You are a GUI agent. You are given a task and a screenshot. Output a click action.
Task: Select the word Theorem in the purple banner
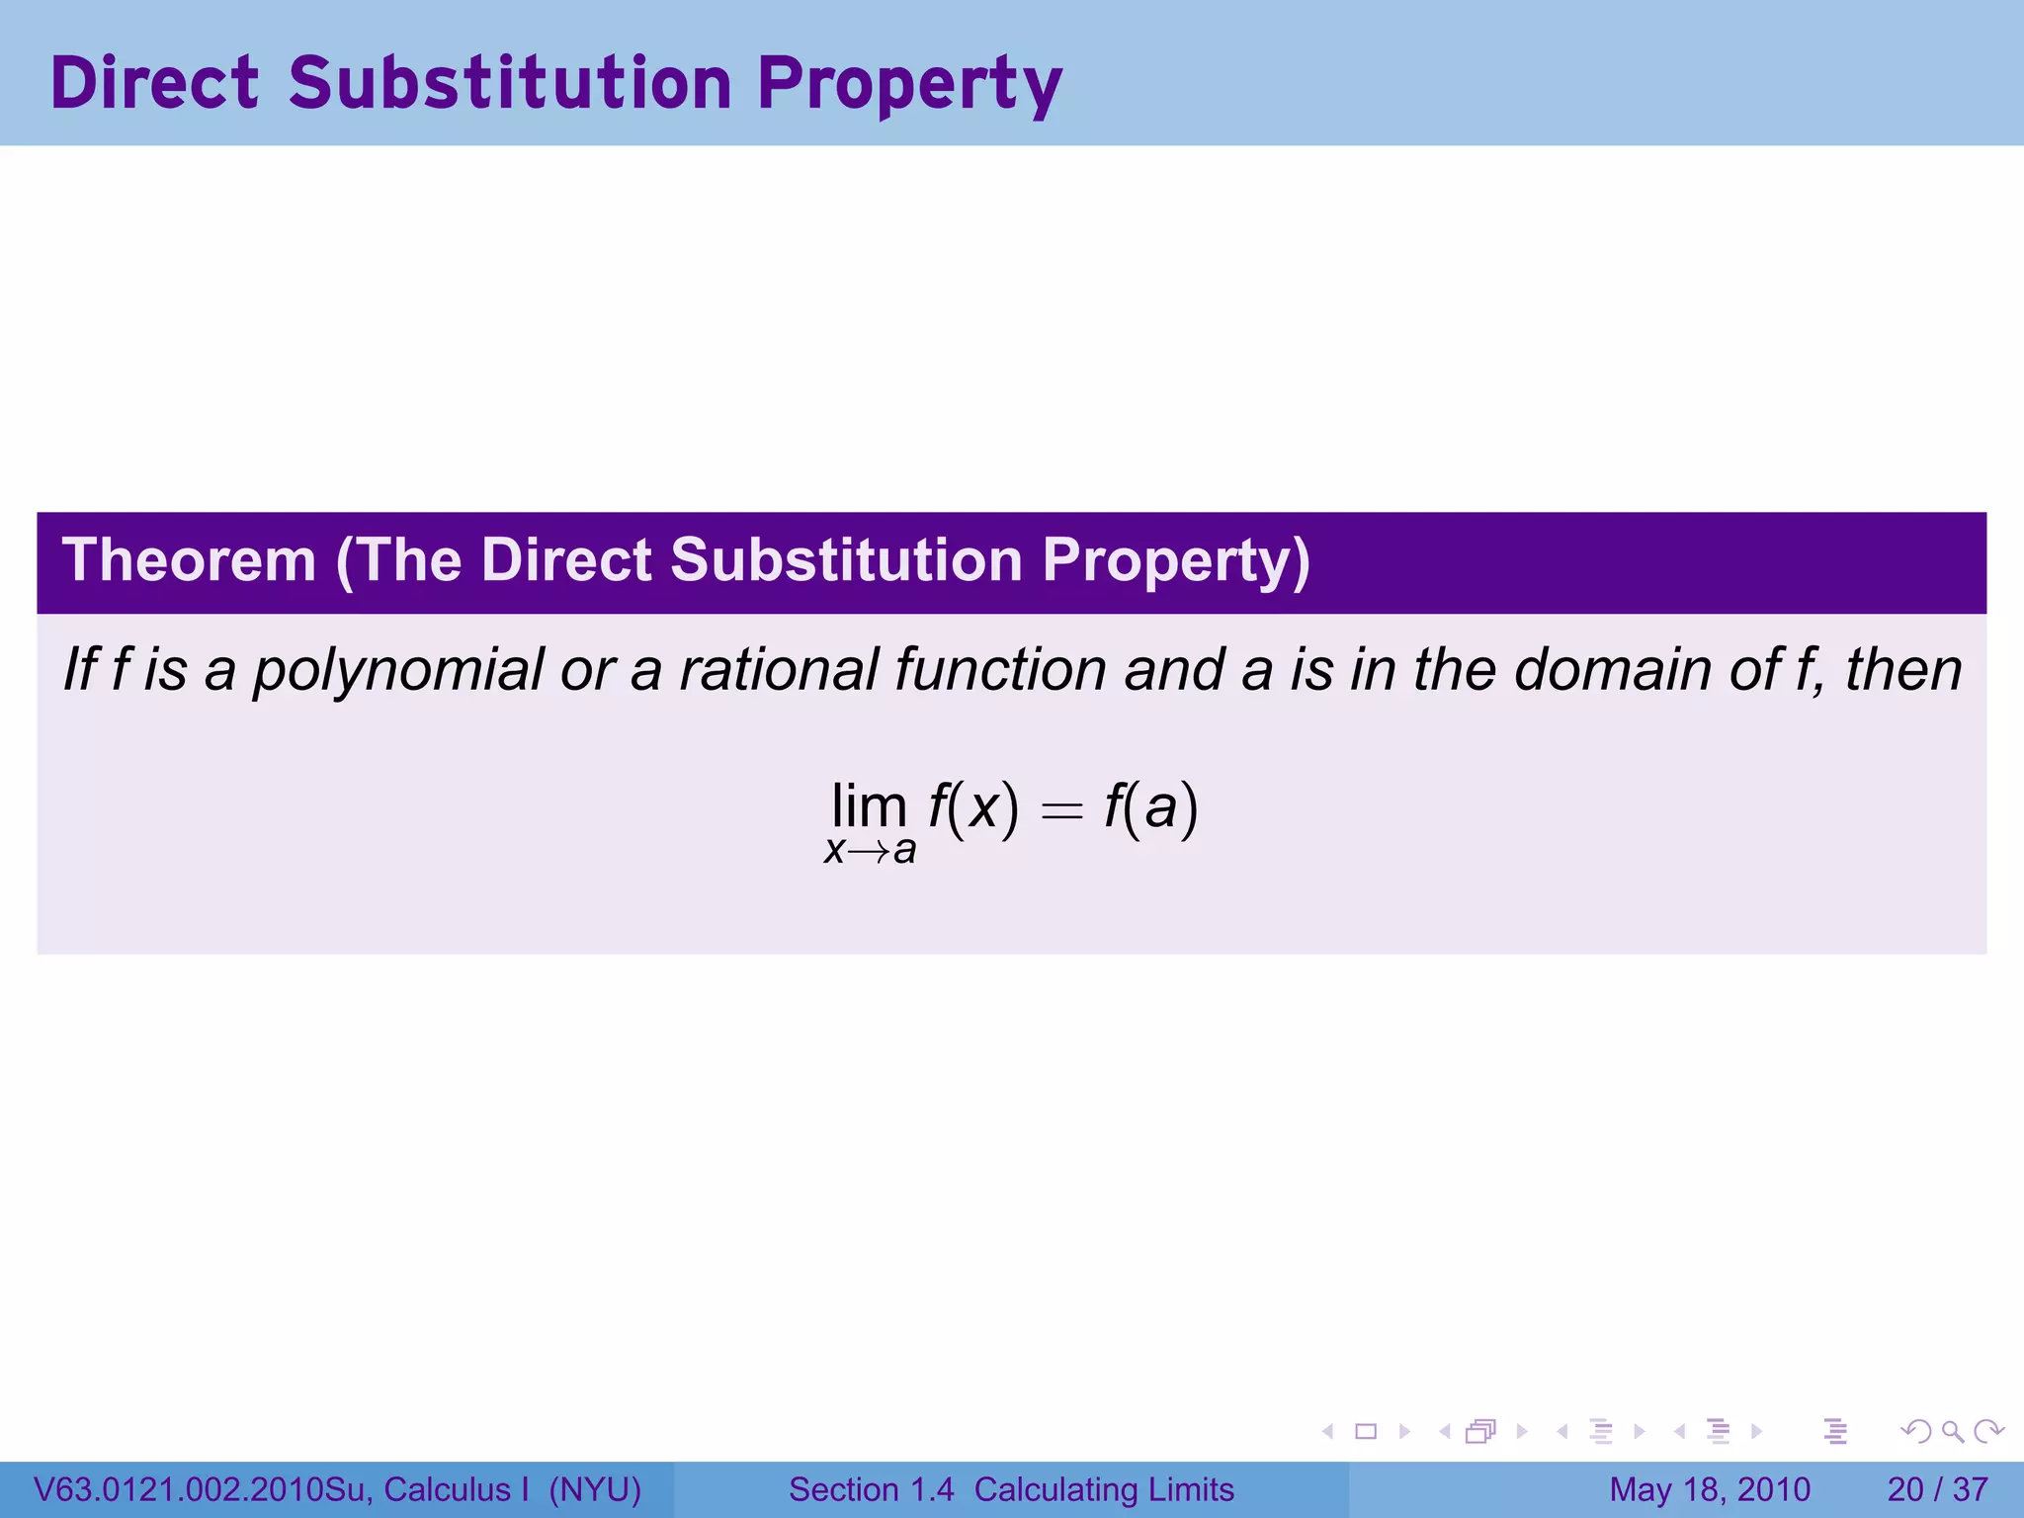pos(189,560)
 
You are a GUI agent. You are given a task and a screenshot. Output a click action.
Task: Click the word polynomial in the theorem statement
pos(397,671)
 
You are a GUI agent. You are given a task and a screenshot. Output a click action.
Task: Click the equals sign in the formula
pos(1061,811)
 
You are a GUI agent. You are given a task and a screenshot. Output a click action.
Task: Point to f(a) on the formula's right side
pos(1150,807)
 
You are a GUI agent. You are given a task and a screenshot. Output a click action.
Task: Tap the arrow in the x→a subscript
pos(869,852)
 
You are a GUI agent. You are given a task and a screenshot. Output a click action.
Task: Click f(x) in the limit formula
pos(972,807)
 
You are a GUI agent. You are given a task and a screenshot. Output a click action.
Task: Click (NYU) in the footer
pos(595,1489)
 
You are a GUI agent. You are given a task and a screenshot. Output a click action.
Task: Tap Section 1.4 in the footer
pos(871,1489)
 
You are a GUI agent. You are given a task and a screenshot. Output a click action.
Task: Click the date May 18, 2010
pos(1709,1489)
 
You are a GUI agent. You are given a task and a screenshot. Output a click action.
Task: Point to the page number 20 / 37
pos(1937,1489)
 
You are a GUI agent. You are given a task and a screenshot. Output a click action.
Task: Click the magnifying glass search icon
pos(1951,1431)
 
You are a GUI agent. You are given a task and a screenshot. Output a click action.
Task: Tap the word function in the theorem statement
pos(1000,669)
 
